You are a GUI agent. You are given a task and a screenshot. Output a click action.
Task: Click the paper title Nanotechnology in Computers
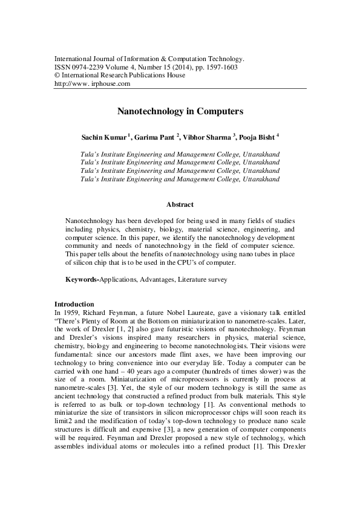point(180,112)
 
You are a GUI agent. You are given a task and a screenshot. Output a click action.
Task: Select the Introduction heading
point(74,303)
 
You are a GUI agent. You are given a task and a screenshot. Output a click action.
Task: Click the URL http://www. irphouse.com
point(92,84)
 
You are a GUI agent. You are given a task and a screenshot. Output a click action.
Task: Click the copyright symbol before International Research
point(57,76)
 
